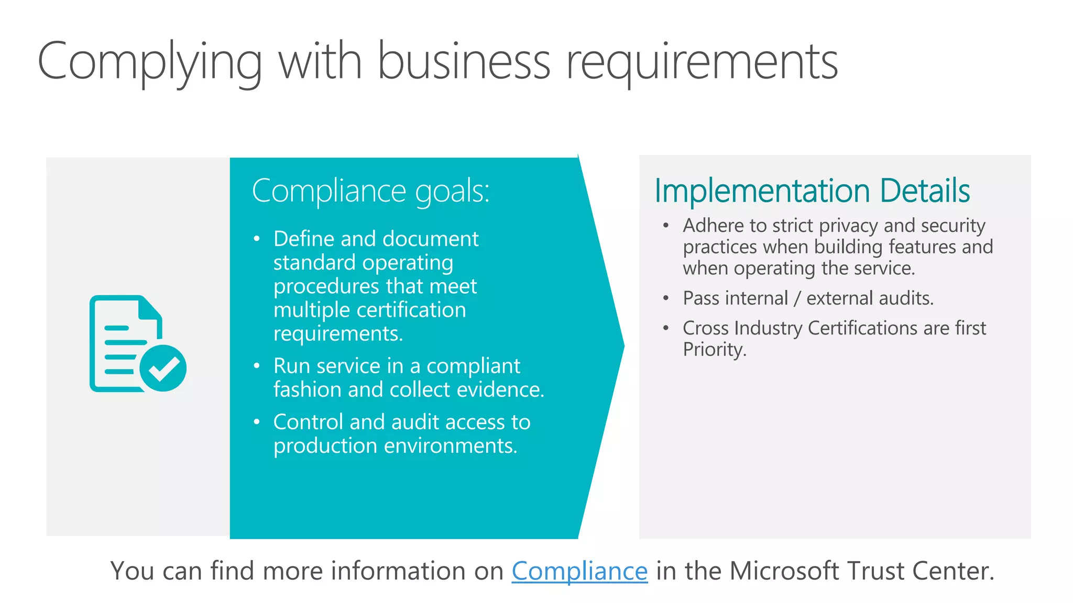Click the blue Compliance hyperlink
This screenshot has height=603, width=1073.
tap(579, 571)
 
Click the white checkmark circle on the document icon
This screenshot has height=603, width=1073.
tap(163, 368)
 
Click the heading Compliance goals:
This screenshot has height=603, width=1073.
tap(370, 191)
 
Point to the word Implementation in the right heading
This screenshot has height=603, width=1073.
tap(762, 191)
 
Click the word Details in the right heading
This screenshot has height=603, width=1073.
tap(925, 191)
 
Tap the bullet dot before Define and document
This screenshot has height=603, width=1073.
tap(257, 239)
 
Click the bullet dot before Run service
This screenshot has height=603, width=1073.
tap(257, 366)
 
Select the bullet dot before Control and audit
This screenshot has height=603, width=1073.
tap(257, 422)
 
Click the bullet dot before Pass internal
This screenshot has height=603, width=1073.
tap(666, 298)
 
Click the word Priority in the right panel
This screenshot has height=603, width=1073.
tap(714, 350)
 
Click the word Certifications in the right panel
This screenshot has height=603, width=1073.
tap(863, 328)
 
